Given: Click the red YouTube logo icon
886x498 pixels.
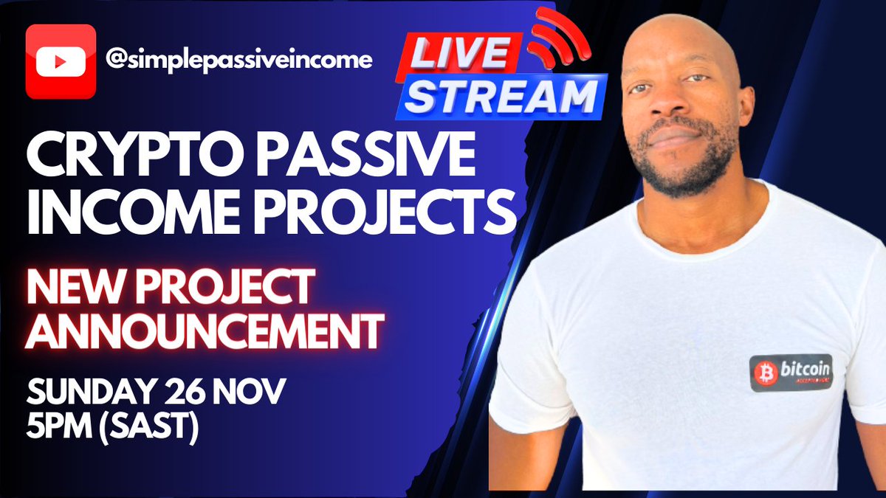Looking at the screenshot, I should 61,61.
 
